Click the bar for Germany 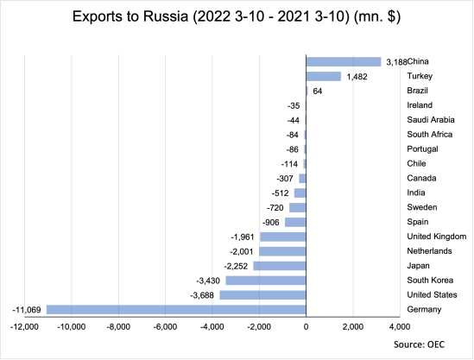tap(175, 309)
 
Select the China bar tap(344, 61)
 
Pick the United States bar tap(262, 294)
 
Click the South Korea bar tap(265, 280)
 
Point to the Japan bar tap(279, 265)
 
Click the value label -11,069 tap(27, 309)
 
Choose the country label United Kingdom tap(435, 237)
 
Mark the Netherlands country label tap(429, 251)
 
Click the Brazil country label tap(419, 91)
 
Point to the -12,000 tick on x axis tap(23, 328)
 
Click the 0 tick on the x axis tap(306, 328)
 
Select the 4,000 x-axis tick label tap(400, 328)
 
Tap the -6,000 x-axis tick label tap(164, 328)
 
